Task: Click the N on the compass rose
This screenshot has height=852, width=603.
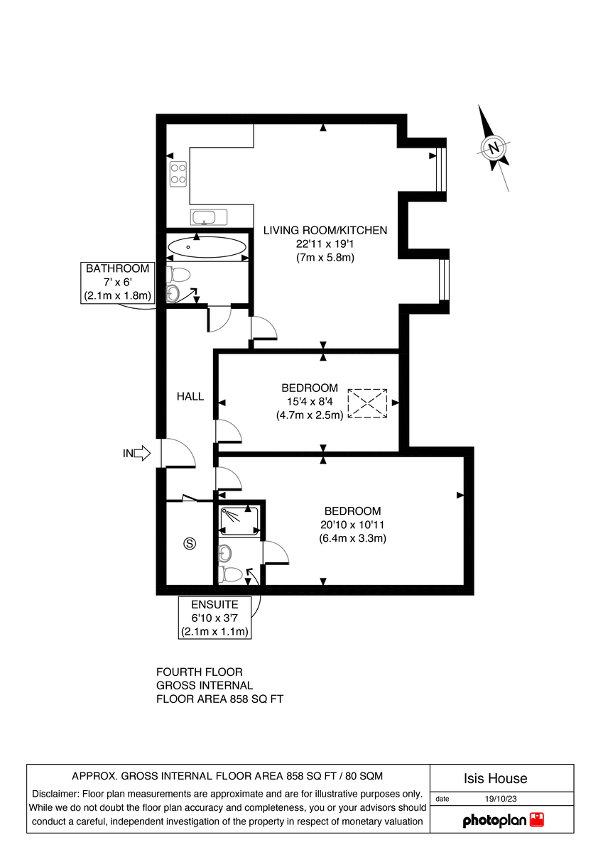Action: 493,148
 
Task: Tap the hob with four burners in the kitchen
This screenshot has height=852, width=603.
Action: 178,174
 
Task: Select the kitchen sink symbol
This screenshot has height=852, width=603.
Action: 207,217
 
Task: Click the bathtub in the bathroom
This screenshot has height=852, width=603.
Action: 207,248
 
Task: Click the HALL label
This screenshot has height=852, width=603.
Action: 190,397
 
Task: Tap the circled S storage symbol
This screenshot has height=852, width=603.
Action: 189,544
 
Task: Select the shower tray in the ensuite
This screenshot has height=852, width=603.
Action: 239,520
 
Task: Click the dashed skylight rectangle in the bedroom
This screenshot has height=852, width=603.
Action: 367,403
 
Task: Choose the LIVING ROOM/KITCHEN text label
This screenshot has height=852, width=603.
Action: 325,230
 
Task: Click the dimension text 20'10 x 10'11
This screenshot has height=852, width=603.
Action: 352,525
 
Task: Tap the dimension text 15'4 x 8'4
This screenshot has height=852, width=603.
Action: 310,402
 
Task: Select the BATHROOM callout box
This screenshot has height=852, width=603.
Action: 118,283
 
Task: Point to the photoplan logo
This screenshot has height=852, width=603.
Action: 503,820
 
